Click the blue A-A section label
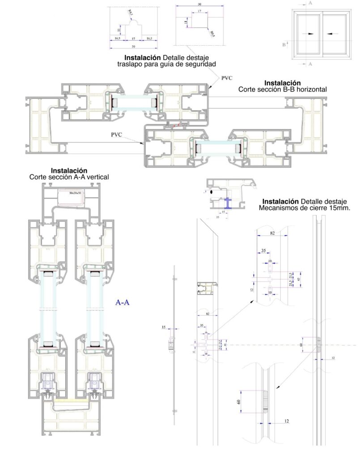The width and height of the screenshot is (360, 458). pyautogui.click(x=123, y=303)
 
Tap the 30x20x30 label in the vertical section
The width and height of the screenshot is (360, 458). pyautogui.click(x=75, y=192)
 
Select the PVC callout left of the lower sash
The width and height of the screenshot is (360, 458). pyautogui.click(x=117, y=134)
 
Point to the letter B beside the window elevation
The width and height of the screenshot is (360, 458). pyautogui.click(x=284, y=44)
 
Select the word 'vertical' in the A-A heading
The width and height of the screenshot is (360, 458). pyautogui.click(x=97, y=177)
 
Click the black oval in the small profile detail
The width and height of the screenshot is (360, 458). pyautogui.click(x=211, y=191)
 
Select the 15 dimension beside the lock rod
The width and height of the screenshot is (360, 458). pyautogui.click(x=164, y=327)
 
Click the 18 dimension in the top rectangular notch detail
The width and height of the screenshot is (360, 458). pyautogui.click(x=185, y=21)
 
